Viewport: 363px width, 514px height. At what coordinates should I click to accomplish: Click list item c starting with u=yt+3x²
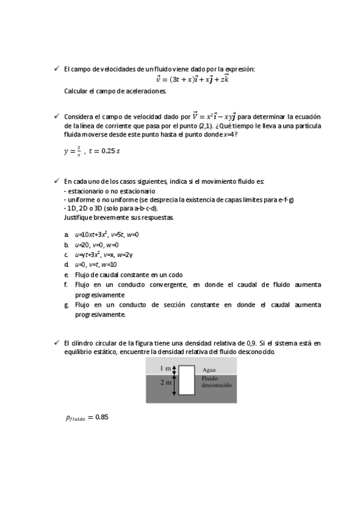tap(104, 255)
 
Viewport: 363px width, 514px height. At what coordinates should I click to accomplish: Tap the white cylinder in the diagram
tap(187, 381)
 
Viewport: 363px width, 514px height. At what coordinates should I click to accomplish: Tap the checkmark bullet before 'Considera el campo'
tap(56, 116)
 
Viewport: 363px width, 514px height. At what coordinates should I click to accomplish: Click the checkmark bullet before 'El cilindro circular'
tap(56, 343)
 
